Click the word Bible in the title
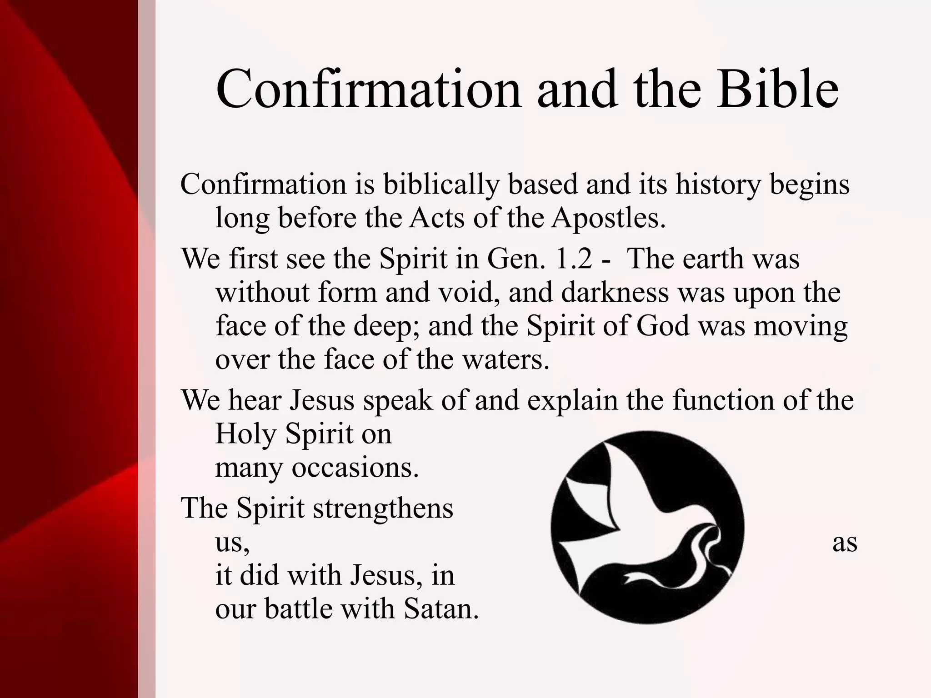(777, 89)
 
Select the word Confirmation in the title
(368, 89)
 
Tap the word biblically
(441, 185)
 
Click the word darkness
(615, 293)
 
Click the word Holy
(245, 434)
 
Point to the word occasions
(355, 468)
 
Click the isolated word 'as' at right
(845, 543)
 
